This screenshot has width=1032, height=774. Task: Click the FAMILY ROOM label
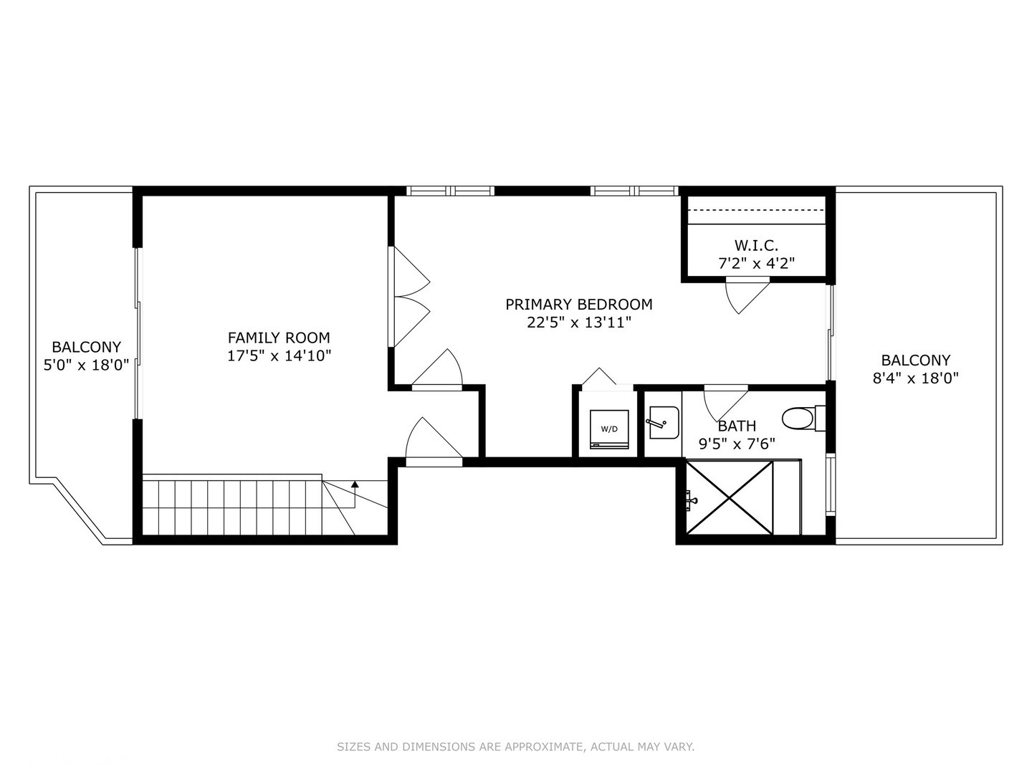coord(279,338)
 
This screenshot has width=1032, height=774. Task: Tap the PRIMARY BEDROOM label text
coord(578,305)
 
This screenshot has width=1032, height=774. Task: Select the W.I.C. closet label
coord(756,246)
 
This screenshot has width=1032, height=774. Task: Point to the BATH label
coord(737,426)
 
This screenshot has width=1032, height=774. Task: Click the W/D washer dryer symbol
coord(609,429)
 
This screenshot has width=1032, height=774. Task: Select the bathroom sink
coord(663,422)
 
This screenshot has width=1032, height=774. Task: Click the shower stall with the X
coord(730,498)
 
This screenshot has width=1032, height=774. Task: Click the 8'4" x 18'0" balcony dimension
coord(915,378)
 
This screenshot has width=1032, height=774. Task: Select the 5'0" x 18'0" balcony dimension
coord(86,365)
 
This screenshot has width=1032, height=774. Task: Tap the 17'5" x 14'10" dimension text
coord(279,355)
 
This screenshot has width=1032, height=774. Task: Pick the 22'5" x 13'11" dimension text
coord(578,322)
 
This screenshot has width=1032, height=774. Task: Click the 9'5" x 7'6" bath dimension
coord(737,444)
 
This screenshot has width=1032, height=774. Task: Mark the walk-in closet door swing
coord(745,294)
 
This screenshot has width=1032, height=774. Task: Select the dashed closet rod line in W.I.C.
coord(756,210)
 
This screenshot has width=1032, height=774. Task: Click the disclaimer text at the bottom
coord(515,747)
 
